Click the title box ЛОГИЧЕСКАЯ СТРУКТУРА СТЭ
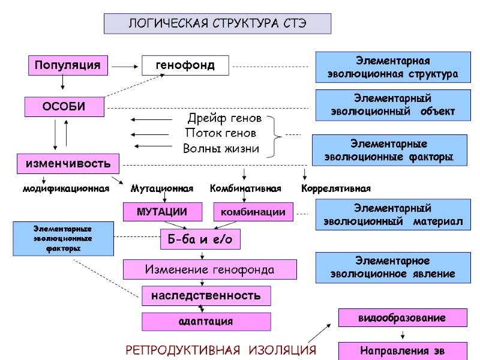[217, 24]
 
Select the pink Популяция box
[67, 65]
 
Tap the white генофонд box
[185, 65]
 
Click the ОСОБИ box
[64, 107]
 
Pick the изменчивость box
[67, 163]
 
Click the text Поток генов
[221, 133]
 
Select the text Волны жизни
[221, 148]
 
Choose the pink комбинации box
[253, 212]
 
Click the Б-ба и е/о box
[200, 239]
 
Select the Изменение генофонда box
[209, 269]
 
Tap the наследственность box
[206, 296]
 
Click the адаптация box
[206, 322]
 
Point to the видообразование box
[402, 317]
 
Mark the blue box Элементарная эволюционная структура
[391, 67]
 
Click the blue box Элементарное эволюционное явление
[391, 267]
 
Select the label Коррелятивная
[336, 188]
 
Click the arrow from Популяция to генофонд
[125, 65]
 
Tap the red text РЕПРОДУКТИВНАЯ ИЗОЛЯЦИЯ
[220, 350]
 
